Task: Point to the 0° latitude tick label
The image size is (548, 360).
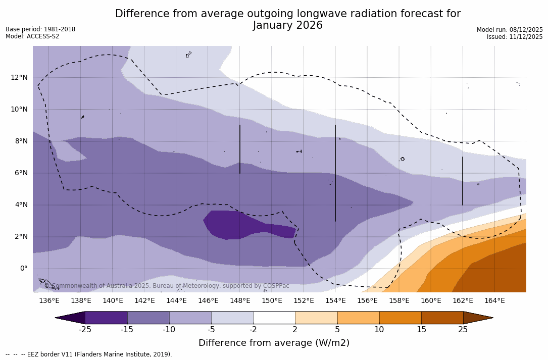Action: coord(24,269)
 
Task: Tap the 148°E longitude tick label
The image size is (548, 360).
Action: coord(240,301)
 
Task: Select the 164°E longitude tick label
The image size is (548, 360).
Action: coord(494,301)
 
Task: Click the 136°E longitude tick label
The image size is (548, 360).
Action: coord(49,301)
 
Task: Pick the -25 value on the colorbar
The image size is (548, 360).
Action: coord(85,330)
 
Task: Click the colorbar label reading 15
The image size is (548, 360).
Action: coord(421,330)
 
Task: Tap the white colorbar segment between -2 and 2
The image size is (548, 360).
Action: coord(274,318)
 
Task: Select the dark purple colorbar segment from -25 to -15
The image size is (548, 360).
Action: coord(106,318)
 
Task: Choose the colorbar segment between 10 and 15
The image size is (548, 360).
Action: coord(400,318)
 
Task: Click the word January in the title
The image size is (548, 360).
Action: coord(276,25)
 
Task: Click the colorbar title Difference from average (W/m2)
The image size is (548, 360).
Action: coord(274,343)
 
